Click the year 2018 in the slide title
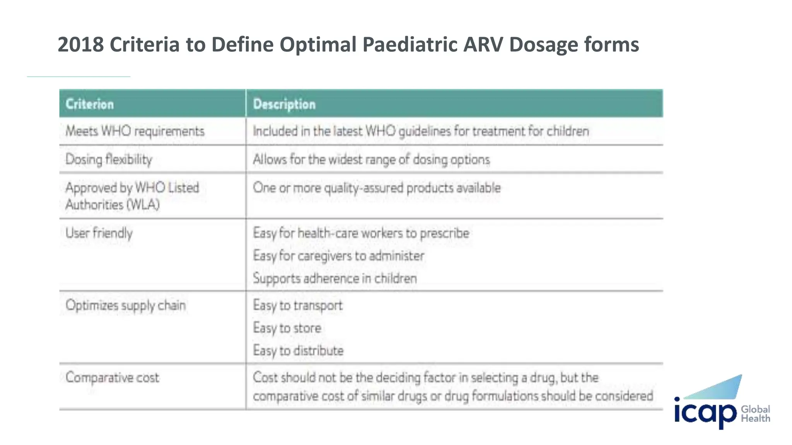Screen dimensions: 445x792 [81, 44]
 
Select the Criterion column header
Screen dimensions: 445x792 [90, 104]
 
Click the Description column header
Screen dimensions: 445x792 [284, 104]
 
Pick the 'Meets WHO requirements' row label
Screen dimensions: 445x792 [135, 131]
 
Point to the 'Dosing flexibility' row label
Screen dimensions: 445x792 [109, 160]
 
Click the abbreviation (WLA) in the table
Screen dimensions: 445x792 [144, 204]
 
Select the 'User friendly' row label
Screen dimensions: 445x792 [99, 233]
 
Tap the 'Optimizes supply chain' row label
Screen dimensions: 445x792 [126, 306]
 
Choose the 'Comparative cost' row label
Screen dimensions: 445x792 [112, 377]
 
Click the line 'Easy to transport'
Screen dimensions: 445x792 [298, 306]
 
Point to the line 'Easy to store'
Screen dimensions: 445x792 [287, 328]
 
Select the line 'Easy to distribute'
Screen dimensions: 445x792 [298, 351]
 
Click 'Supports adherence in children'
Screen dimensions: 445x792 [335, 279]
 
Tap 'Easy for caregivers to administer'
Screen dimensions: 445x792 [339, 256]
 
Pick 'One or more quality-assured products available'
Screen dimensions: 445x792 [377, 188]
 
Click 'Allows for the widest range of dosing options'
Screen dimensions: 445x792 [371, 160]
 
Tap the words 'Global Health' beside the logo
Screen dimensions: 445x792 [755, 414]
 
